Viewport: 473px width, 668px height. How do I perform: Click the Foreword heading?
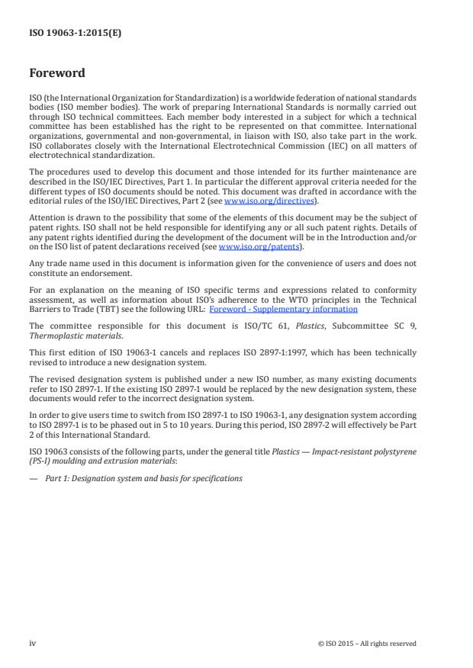coord(56,74)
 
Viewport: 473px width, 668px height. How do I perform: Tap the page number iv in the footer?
coord(33,643)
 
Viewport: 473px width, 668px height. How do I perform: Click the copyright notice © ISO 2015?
coord(366,644)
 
